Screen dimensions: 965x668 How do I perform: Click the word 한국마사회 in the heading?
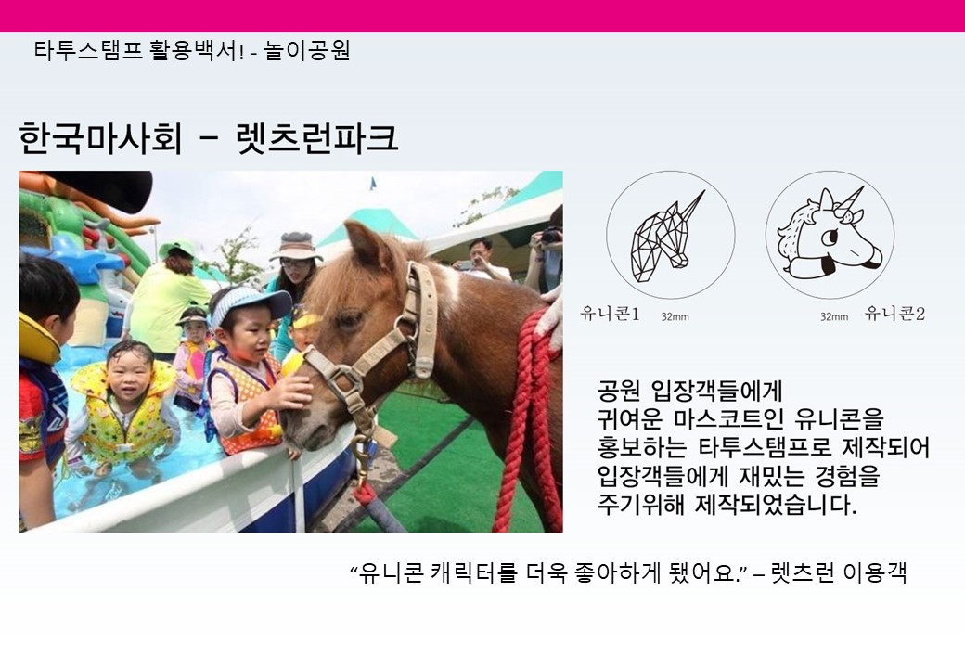[x=100, y=138]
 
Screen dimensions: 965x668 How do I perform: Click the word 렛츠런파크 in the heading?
[x=317, y=138]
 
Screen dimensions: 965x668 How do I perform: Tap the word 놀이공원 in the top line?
[x=308, y=50]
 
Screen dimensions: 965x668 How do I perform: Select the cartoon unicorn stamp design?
[x=830, y=235]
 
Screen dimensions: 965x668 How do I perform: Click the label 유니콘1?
[x=611, y=314]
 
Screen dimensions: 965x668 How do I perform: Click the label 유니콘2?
[x=895, y=314]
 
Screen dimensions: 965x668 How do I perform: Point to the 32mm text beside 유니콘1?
[x=675, y=316]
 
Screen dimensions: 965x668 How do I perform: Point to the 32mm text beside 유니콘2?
[x=834, y=316]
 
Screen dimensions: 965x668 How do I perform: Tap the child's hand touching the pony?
[x=291, y=392]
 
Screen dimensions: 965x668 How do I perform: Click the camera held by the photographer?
[x=550, y=235]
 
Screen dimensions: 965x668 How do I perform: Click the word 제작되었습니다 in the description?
[x=776, y=505]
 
